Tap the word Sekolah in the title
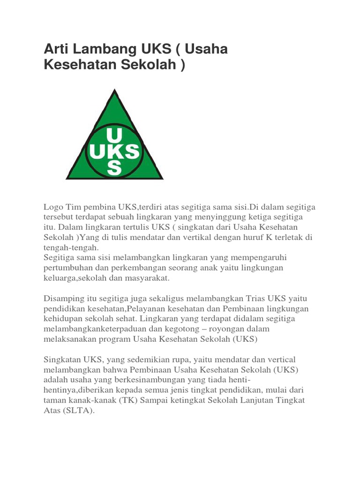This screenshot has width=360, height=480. click(148, 65)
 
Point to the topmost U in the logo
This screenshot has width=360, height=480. click(114, 135)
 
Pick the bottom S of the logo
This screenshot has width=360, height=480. click(114, 168)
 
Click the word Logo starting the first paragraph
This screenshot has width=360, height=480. click(53, 207)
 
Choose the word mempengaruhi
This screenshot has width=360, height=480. click(260, 257)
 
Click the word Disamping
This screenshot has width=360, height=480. click(64, 298)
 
